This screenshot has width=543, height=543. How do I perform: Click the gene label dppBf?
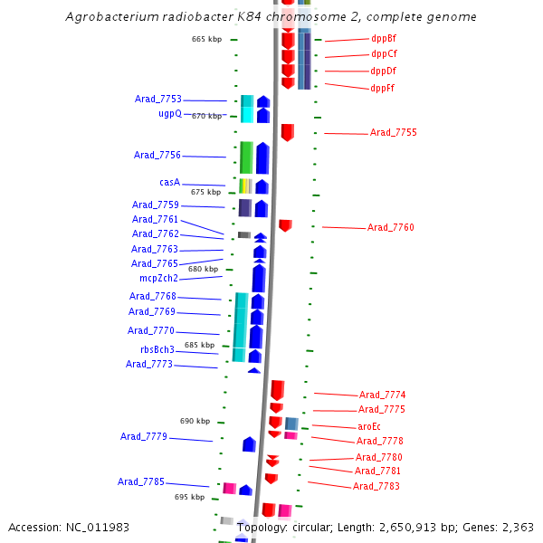383,39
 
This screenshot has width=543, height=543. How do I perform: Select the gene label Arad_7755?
393,133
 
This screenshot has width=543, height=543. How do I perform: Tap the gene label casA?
169,183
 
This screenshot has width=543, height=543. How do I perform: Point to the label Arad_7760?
390,227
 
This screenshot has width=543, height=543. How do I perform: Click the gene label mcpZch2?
158,278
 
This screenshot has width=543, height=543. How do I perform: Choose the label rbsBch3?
157,349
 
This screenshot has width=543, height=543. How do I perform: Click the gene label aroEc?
368,426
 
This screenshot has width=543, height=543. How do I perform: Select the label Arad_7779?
143,436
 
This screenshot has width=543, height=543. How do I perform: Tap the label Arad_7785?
140,481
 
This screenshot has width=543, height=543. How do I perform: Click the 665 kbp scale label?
206,39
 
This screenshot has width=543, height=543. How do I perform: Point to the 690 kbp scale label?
195,421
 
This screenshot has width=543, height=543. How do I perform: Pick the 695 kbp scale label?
189,497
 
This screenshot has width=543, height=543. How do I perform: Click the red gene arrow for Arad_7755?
287,132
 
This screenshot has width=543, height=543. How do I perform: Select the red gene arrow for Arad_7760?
285,224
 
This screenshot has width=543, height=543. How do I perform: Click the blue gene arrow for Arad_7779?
249,443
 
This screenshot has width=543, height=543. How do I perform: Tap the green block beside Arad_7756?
245,157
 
